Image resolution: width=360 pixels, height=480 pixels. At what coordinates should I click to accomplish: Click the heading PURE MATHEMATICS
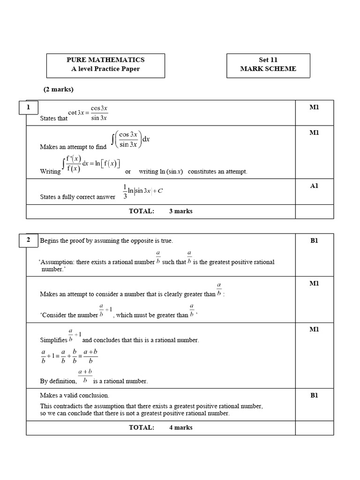coord(105,60)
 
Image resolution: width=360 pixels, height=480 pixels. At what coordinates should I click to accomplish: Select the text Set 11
coord(268,60)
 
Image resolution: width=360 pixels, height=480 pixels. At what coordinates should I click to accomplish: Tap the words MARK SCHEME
coord(268,69)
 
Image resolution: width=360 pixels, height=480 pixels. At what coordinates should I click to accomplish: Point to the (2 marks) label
coord(59,89)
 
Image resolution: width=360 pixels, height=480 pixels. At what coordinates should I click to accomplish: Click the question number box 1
coord(28,107)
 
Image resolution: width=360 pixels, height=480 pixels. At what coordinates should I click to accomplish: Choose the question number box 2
coord(28,240)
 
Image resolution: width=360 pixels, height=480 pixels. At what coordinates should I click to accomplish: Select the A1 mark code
coord(314,186)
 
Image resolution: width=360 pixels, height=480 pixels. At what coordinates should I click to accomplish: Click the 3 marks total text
coord(180,211)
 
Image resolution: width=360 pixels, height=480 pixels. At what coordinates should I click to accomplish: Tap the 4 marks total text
coord(180,427)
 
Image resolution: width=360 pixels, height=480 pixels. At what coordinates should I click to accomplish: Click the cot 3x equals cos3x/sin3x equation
coord(88,112)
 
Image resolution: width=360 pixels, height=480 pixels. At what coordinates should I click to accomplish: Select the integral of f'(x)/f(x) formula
coord(91,164)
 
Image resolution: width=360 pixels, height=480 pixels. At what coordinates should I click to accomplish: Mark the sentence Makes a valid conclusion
coord(75,395)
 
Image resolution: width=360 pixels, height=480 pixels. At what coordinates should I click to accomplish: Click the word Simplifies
coord(53,340)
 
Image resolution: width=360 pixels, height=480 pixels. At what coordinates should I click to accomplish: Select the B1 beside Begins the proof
coord(314,241)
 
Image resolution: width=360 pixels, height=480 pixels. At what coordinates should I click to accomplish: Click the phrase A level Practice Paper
coord(105,69)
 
